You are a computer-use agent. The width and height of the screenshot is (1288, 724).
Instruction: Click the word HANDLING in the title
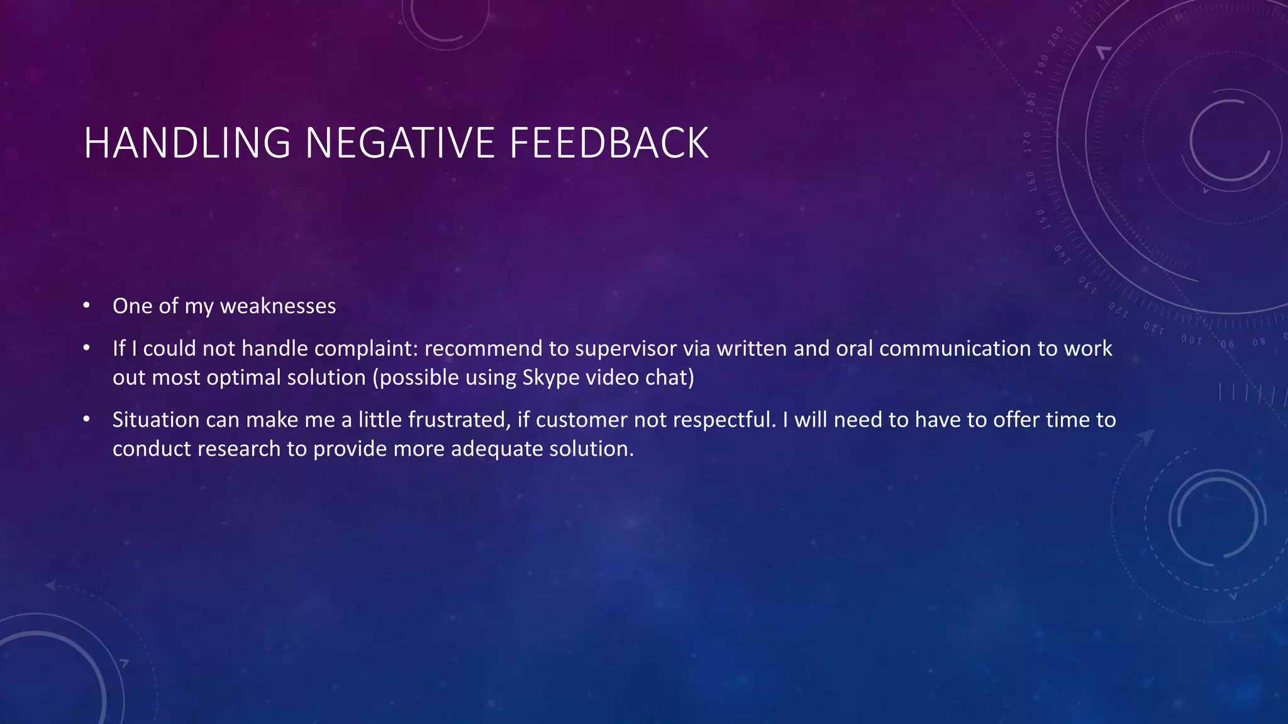[x=187, y=143]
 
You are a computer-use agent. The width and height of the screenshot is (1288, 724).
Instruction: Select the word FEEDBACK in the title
[x=609, y=143]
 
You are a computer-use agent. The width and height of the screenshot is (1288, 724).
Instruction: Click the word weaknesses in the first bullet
[x=277, y=306]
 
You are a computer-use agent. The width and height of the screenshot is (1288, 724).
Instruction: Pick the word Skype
[x=547, y=378]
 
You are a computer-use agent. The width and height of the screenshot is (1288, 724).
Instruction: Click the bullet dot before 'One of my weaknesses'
[x=87, y=306]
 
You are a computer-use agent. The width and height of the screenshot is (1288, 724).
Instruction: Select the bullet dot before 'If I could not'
[x=87, y=348]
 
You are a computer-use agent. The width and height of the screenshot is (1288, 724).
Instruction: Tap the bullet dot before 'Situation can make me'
[x=87, y=419]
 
